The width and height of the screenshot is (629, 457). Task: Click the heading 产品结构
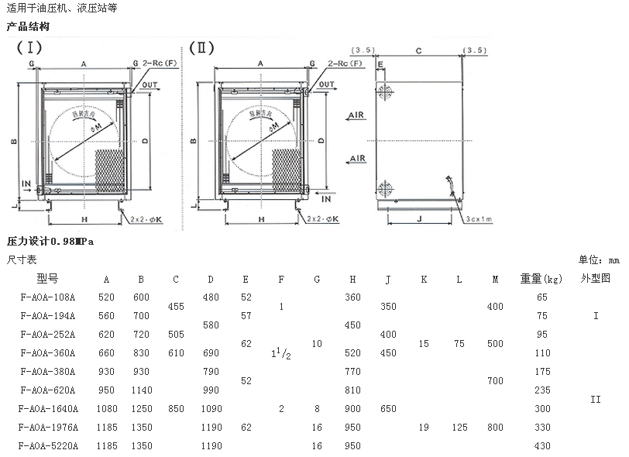click(28, 27)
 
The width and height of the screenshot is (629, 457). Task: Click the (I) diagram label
click(30, 47)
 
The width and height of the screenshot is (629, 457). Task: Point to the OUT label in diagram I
click(150, 86)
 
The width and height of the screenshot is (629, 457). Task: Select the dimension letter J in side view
click(418, 218)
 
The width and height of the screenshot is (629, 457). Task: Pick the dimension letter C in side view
click(418, 51)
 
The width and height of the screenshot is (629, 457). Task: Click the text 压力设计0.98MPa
click(53, 242)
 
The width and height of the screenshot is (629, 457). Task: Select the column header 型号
click(47, 278)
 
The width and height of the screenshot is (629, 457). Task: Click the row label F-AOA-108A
click(48, 297)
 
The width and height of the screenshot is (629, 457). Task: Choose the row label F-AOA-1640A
click(50, 408)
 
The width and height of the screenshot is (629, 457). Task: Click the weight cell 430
click(541, 445)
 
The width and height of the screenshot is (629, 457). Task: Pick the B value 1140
click(141, 390)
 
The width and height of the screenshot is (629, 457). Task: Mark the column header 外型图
click(596, 278)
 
